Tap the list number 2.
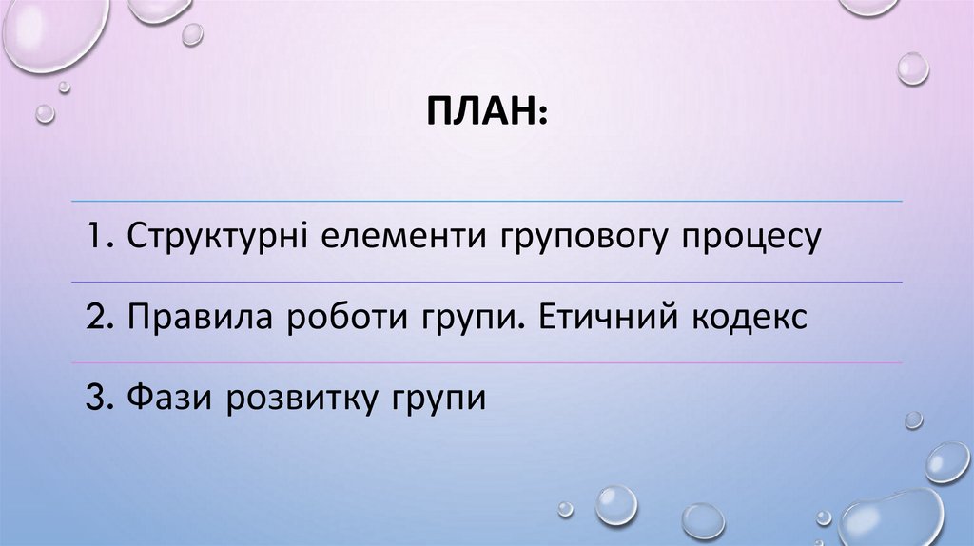tap(94, 318)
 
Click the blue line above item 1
tap(487, 202)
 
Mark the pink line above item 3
tap(487, 362)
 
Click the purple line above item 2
tap(487, 283)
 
